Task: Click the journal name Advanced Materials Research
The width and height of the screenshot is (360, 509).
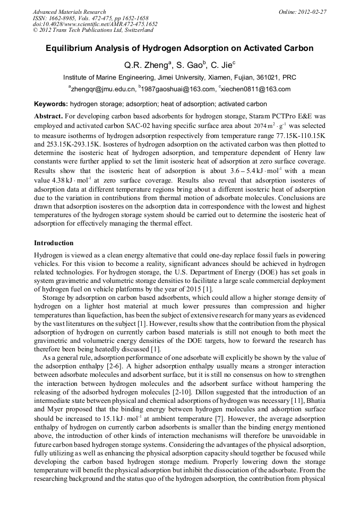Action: click(69, 12)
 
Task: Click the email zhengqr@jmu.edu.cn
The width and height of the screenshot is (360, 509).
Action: click(101, 89)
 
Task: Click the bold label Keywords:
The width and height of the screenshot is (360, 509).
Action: click(50, 104)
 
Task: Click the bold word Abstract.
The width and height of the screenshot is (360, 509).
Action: click(49, 116)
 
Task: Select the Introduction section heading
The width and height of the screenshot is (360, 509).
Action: click(54, 243)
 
